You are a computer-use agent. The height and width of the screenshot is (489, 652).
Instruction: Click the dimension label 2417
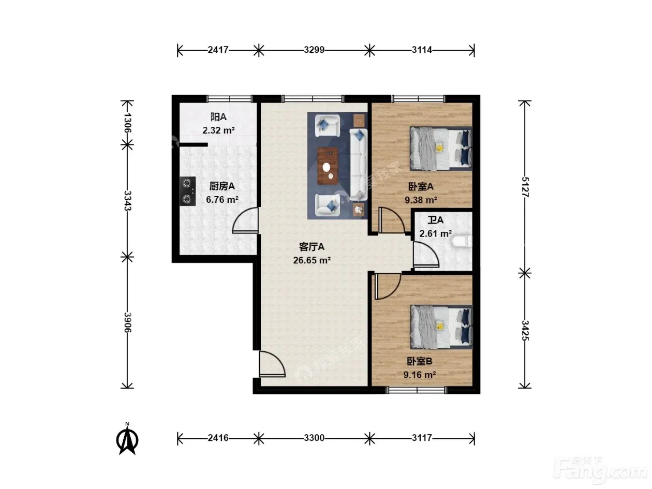(218, 50)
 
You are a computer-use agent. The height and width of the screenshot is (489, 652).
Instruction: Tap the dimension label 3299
(314, 50)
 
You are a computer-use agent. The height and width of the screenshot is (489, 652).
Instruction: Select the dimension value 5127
(525, 187)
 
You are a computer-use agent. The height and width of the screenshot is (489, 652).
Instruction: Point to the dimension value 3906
(127, 322)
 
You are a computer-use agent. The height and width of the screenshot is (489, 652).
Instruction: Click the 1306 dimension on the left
(127, 123)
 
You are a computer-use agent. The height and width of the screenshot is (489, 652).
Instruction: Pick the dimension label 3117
(422, 438)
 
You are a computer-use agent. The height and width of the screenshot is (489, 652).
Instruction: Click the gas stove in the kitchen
(187, 191)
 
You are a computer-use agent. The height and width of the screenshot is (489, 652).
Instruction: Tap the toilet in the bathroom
(461, 241)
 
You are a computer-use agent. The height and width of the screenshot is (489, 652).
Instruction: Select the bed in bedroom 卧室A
(441, 149)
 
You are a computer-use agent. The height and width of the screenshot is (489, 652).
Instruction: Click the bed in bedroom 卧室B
(441, 327)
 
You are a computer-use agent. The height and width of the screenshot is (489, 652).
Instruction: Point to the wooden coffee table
(328, 166)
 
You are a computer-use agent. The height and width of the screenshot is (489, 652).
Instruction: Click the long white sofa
(358, 165)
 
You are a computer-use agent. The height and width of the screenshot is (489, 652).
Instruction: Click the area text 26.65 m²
(312, 260)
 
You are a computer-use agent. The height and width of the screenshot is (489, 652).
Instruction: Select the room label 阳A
(218, 117)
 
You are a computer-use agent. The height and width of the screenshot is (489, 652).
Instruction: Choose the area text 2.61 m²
(436, 233)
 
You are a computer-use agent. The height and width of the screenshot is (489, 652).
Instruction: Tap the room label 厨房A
(222, 186)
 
